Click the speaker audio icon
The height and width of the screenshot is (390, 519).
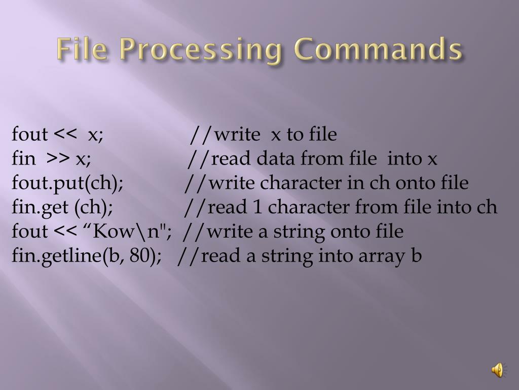pos(498,370)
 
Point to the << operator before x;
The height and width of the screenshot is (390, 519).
pos(65,135)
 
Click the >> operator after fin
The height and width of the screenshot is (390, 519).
pos(58,159)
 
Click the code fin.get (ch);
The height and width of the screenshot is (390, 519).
pos(62,208)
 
